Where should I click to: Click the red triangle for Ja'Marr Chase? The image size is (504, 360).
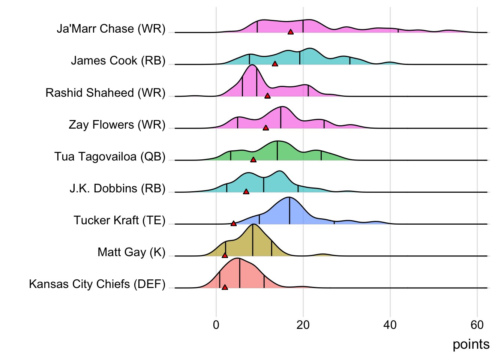tap(291, 32)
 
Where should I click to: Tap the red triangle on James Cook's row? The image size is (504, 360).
tap(275, 64)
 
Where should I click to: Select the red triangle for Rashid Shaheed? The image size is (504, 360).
tap(267, 96)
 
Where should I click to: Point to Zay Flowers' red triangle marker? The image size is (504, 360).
tap(266, 128)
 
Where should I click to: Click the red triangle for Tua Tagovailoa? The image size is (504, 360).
tap(253, 160)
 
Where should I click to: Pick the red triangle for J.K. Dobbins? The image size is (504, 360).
tap(246, 192)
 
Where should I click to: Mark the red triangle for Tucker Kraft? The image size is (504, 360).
tap(234, 223)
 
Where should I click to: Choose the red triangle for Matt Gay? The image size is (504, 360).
tap(225, 255)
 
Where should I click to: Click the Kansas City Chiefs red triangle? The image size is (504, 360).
tap(225, 287)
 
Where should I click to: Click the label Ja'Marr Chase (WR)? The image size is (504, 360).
tap(111, 29)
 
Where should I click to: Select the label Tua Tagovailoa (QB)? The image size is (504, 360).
tap(110, 156)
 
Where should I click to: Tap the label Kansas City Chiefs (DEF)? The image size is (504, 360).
tap(97, 284)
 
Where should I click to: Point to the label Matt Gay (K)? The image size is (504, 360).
tap(131, 252)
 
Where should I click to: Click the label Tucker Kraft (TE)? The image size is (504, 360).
tap(119, 220)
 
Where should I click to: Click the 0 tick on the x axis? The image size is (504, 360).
tap(216, 325)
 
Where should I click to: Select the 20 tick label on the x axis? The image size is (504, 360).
tap(303, 325)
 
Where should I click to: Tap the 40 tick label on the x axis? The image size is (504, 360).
tap(390, 325)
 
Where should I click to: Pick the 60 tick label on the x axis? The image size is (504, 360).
tap(477, 325)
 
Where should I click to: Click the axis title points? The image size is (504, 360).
tap(471, 344)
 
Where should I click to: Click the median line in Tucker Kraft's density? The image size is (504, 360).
tap(289, 211)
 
